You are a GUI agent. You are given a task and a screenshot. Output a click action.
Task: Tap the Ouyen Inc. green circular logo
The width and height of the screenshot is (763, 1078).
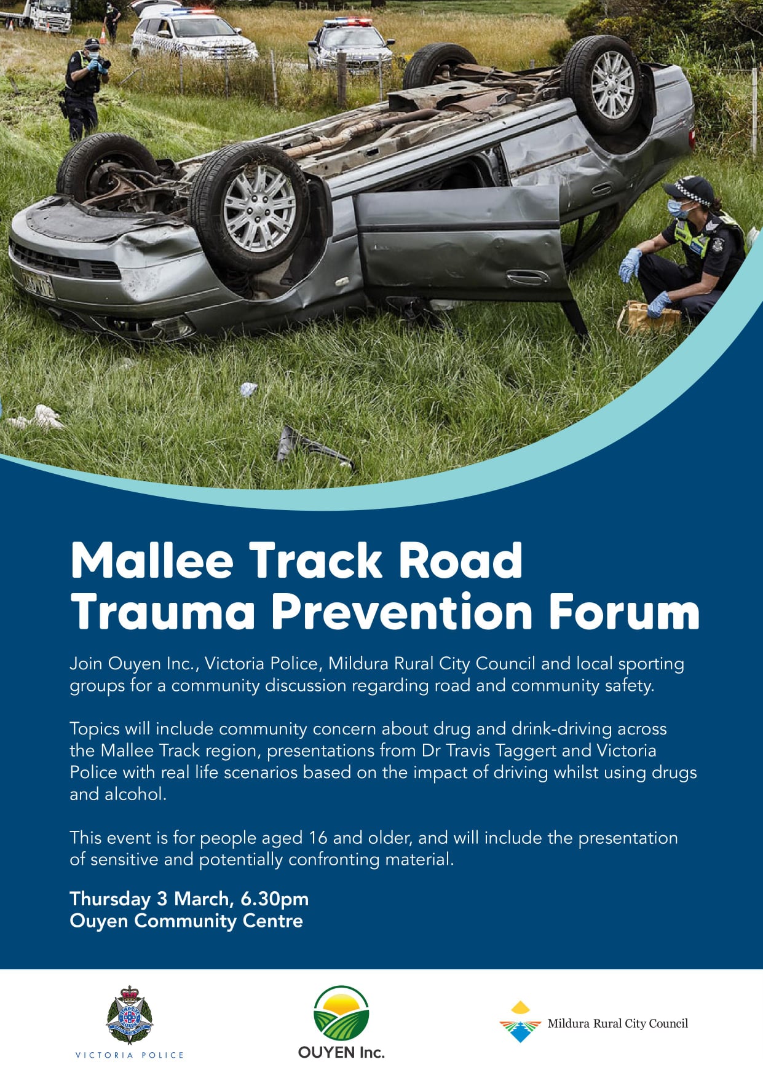[x=341, y=1012]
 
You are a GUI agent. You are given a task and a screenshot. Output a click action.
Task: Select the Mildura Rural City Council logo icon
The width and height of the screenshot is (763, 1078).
[x=520, y=1021]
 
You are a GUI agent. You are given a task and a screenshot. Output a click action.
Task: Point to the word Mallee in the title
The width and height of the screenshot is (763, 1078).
[x=152, y=560]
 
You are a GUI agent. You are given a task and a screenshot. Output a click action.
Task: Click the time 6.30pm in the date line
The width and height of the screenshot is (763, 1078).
[x=275, y=899]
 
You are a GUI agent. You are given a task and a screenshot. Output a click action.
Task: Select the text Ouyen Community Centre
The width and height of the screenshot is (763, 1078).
[x=186, y=921]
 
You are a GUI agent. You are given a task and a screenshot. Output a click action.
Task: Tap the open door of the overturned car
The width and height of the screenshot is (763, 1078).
[x=462, y=245]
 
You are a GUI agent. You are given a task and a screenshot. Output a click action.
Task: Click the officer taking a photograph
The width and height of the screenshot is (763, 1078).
[x=84, y=89]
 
